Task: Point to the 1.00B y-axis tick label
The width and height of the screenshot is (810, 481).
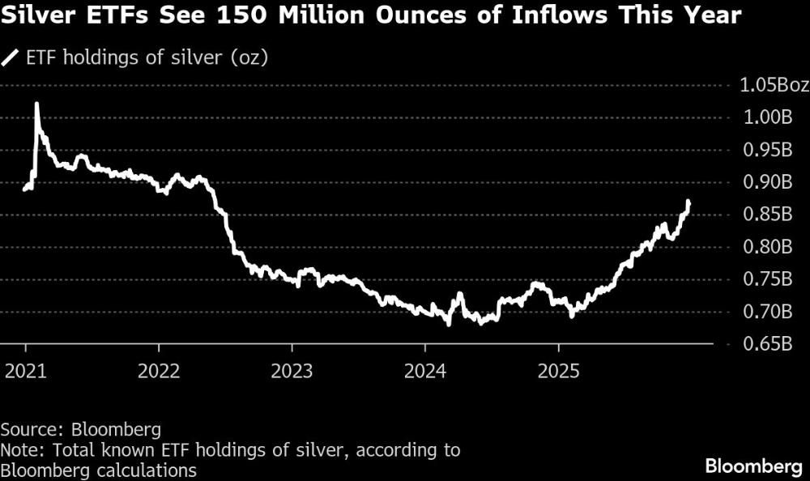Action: click(x=765, y=117)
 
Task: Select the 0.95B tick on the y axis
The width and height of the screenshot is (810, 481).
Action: click(x=765, y=150)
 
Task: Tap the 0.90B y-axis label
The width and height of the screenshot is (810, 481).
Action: click(x=765, y=182)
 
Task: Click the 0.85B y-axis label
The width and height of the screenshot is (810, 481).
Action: click(x=765, y=215)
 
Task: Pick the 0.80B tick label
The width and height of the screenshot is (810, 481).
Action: click(x=765, y=247)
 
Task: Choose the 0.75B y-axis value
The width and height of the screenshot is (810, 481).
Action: click(x=765, y=279)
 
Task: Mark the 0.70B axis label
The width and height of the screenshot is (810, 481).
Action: click(x=765, y=312)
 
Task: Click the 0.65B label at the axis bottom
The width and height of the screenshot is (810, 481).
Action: click(x=765, y=344)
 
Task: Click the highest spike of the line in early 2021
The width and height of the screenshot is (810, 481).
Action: click(x=36, y=104)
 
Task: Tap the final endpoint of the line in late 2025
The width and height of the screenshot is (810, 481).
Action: click(x=688, y=201)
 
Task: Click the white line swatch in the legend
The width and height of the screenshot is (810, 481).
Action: click(x=11, y=57)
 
